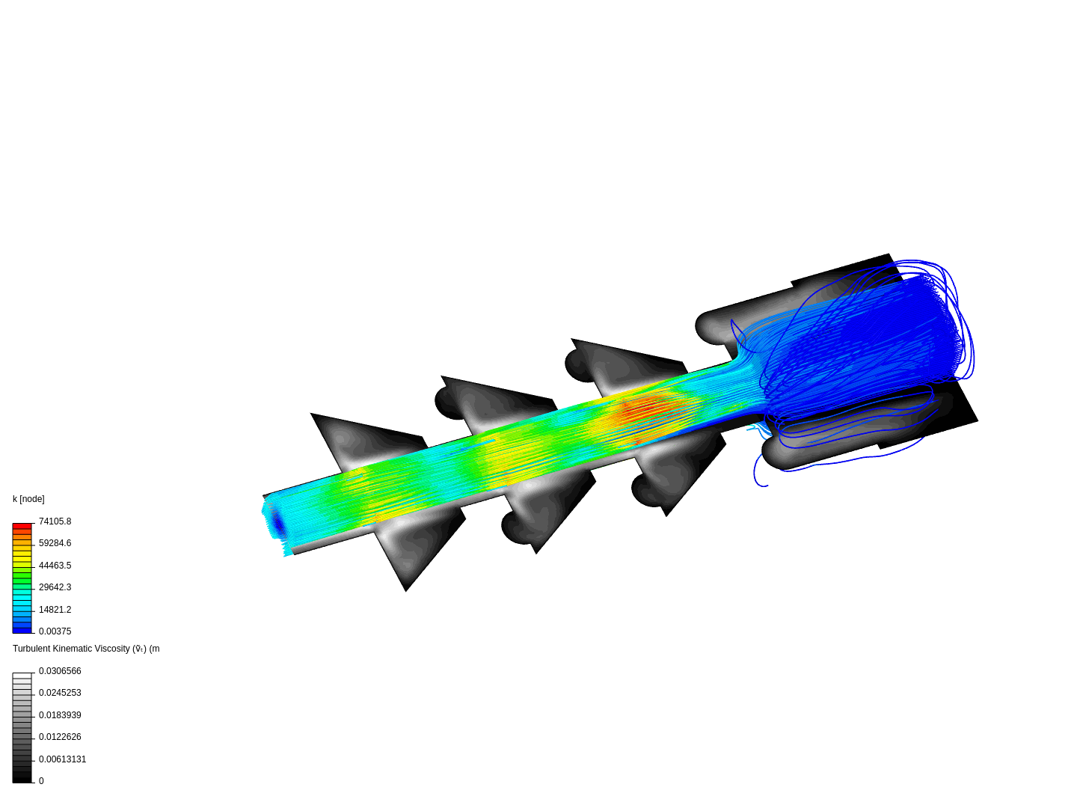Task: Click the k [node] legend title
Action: (x=28, y=499)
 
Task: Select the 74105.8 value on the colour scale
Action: (x=55, y=521)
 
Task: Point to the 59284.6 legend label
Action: (x=55, y=543)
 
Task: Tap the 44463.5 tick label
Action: (x=55, y=565)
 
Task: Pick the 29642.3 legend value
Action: (x=55, y=587)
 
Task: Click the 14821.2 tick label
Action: (x=55, y=609)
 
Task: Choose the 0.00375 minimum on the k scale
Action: (x=55, y=631)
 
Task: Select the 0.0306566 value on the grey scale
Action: (x=60, y=670)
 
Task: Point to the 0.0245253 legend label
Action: (x=60, y=693)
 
